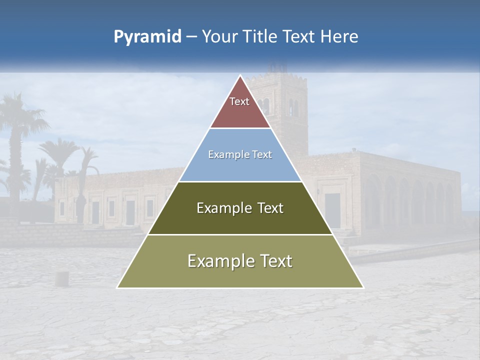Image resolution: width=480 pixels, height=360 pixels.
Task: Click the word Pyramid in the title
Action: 147,37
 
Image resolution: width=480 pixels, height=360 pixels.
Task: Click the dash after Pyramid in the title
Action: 191,37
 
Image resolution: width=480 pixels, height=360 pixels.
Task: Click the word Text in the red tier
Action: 239,101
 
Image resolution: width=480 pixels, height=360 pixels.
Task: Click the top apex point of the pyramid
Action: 240,75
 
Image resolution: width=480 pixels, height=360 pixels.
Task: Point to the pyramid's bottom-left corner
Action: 117,287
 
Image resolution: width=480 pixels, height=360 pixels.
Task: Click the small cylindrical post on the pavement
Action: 62,278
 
